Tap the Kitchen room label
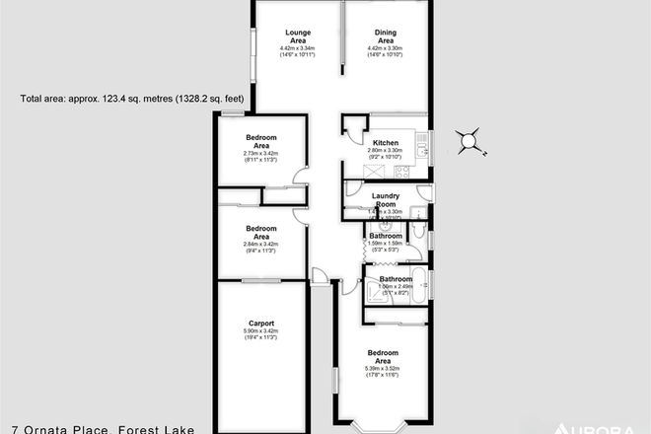(x=386, y=143)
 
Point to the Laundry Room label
(x=385, y=200)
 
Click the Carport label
(x=261, y=323)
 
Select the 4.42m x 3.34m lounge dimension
(x=296, y=47)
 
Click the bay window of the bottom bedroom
(x=381, y=426)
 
